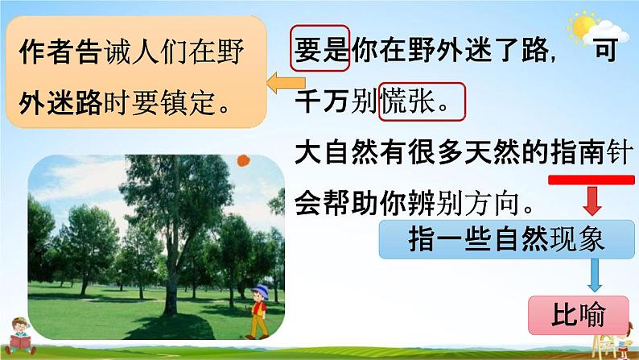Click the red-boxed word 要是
[x=320, y=48]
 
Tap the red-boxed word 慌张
[x=422, y=101]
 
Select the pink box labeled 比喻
[x=579, y=315]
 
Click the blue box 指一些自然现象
[x=506, y=240]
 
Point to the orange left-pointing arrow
[x=285, y=83]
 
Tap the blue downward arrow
[x=595, y=275]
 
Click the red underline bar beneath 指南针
[x=592, y=180]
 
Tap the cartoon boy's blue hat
[x=261, y=291]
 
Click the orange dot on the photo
[x=243, y=160]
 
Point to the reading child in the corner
[x=20, y=336]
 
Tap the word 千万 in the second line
[x=322, y=101]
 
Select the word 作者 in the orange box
[x=46, y=52]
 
